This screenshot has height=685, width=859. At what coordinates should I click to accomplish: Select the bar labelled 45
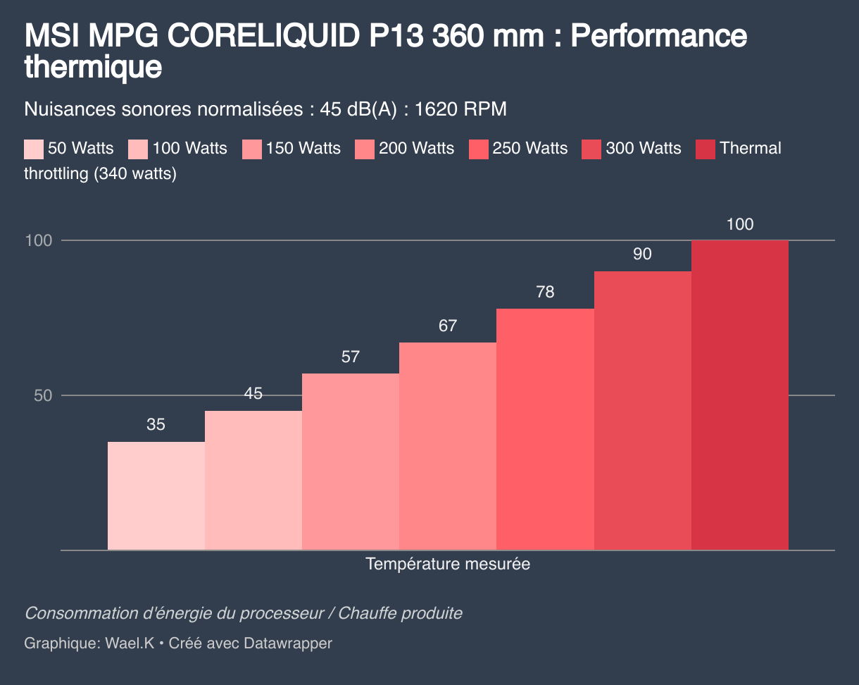coord(253,480)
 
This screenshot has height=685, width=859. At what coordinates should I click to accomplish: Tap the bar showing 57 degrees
coord(350,462)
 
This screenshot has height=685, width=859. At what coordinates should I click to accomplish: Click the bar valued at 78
coord(545,429)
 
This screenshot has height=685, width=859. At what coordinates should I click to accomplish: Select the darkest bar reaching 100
coord(739,395)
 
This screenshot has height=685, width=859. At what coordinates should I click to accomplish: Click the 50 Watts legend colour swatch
coord(34,149)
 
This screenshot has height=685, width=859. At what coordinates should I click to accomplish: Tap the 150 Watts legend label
coord(303,149)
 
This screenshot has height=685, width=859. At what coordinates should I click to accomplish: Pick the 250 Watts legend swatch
coord(478,149)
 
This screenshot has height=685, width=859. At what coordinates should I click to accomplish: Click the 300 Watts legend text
coord(643,149)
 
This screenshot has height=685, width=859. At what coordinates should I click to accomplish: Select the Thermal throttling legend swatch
coord(706,149)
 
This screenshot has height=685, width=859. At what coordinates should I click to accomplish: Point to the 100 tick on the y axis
coord(39,240)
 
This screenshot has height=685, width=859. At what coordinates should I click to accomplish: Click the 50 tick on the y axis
coord(43,395)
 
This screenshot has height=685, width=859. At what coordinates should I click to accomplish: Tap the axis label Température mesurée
coord(448,564)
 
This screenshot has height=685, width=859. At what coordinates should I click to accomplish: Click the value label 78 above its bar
coord(545,292)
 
